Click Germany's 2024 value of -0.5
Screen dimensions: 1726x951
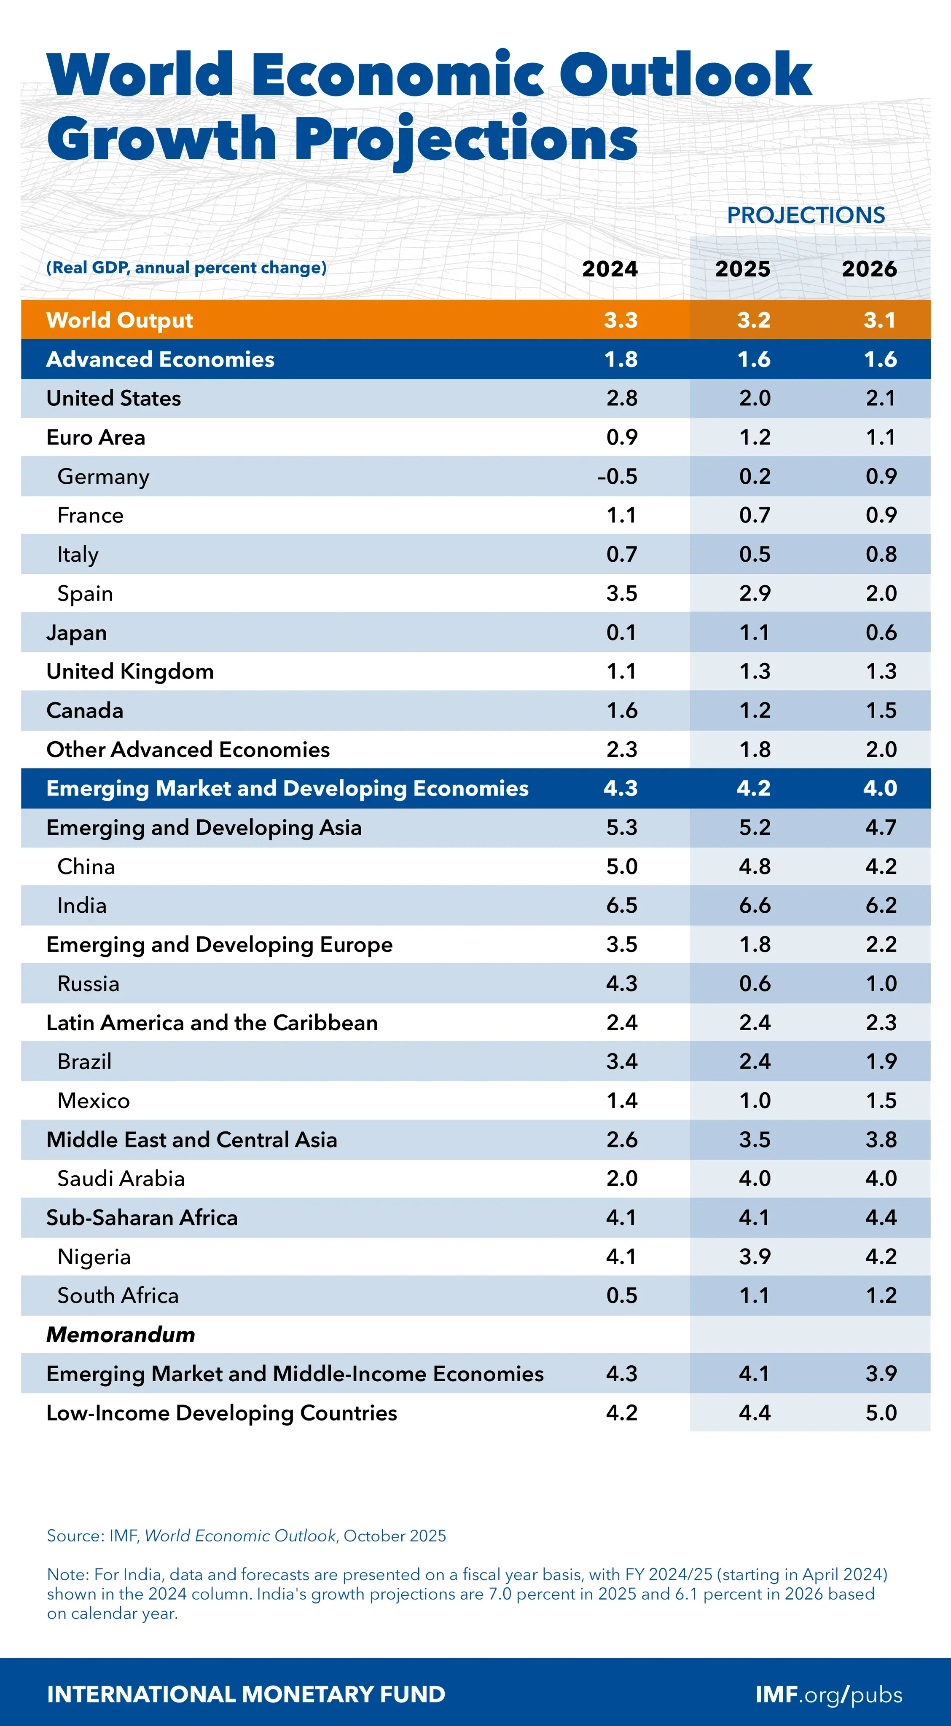(x=617, y=477)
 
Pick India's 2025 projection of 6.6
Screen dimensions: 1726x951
(x=755, y=905)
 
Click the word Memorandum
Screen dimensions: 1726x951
(x=121, y=1334)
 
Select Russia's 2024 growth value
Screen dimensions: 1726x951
(x=621, y=983)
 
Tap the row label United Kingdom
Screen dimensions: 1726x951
(x=130, y=671)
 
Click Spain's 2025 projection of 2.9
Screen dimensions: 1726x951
(x=755, y=593)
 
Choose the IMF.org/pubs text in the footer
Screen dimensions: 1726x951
(x=828, y=1694)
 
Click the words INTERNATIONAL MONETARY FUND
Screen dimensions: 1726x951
(x=246, y=1694)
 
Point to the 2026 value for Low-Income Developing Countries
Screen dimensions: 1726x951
(x=881, y=1412)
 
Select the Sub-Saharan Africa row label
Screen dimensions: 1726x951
(x=142, y=1217)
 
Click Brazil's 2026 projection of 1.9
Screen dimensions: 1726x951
(x=881, y=1061)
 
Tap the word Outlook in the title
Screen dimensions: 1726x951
(x=685, y=75)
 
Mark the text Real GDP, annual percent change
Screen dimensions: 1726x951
(x=186, y=267)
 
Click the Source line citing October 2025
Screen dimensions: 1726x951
(x=246, y=1535)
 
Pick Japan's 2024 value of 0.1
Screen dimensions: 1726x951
(x=621, y=633)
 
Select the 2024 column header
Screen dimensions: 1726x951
(x=609, y=269)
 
